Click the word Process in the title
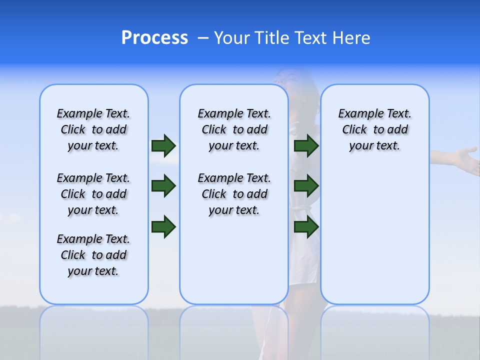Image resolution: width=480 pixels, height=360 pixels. click(154, 37)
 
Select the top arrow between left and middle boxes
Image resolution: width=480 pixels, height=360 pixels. click(163, 145)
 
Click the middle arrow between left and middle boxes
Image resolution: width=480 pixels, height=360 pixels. click(163, 186)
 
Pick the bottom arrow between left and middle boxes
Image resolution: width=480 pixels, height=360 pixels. click(163, 227)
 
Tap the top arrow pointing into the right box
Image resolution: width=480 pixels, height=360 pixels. click(306, 145)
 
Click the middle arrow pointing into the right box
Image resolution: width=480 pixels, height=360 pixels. click(306, 186)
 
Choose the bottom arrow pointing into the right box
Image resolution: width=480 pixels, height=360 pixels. click(306, 227)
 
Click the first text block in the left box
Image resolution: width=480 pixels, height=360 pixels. click(93, 129)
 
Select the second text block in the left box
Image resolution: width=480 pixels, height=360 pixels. click(93, 194)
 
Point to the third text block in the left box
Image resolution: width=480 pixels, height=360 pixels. click(93, 255)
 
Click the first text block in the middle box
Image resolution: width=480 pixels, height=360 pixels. click(234, 129)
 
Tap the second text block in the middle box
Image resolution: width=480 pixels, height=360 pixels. click(234, 194)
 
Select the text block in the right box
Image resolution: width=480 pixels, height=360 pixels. click(375, 129)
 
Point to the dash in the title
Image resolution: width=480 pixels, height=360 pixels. click(203, 38)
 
